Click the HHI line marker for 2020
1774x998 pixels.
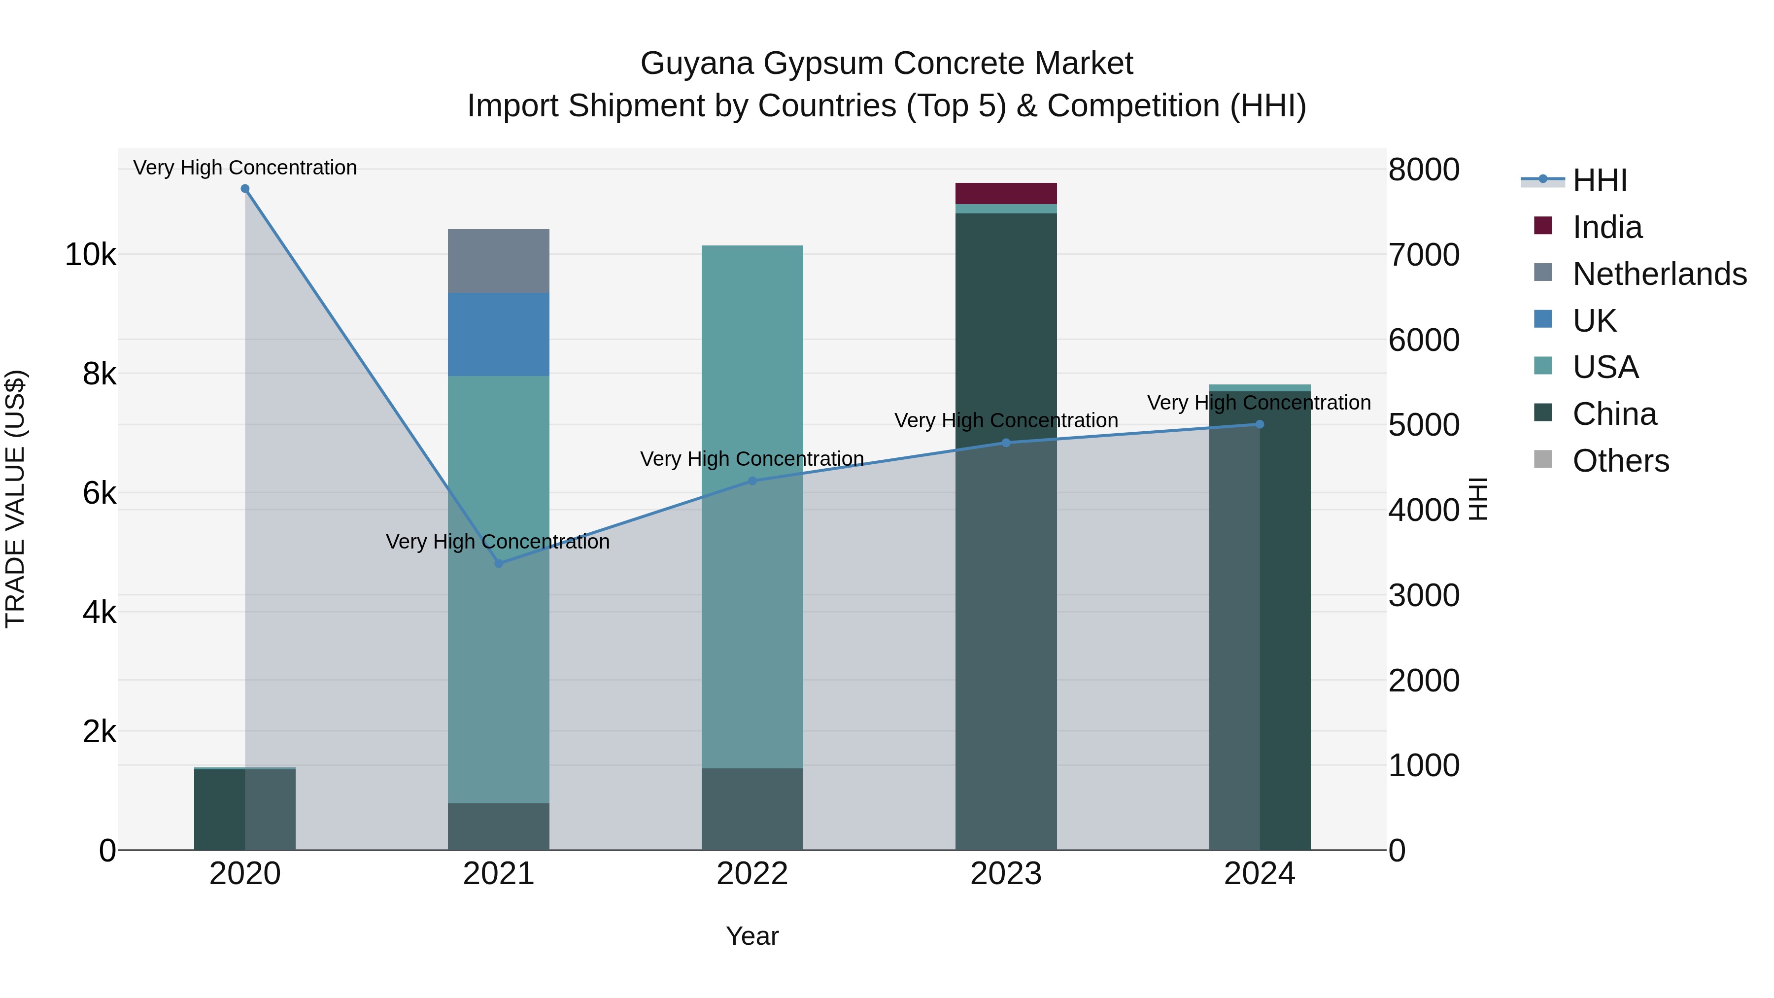tap(245, 189)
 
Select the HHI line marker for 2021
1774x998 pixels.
tap(499, 563)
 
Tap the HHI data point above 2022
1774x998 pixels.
tap(752, 481)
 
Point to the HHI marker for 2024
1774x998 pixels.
tap(1260, 424)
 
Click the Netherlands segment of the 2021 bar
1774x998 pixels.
tap(499, 261)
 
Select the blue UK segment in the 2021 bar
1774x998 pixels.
tap(499, 334)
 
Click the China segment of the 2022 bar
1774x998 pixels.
tap(752, 809)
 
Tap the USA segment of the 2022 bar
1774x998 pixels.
tap(752, 413)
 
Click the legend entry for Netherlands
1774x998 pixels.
tap(1659, 274)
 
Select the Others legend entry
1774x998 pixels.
tap(1620, 461)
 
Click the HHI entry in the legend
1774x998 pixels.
tap(1599, 180)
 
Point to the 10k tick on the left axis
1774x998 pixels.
tap(90, 255)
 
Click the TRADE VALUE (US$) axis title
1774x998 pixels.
tap(15, 499)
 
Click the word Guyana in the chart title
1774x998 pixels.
tap(696, 64)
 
